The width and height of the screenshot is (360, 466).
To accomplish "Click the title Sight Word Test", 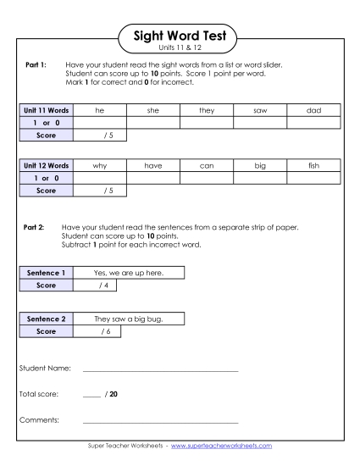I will point(180,36).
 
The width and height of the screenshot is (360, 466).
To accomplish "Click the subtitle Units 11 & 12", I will point(180,49).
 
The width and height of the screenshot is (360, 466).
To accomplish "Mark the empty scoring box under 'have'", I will point(153,178).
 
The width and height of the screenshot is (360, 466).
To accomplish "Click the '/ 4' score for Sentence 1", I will point(101,285).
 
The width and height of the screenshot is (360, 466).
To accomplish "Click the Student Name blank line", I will point(160,370).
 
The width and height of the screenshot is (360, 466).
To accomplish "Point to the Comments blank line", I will point(160,421).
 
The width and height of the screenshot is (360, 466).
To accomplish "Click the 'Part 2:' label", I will point(35,227).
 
